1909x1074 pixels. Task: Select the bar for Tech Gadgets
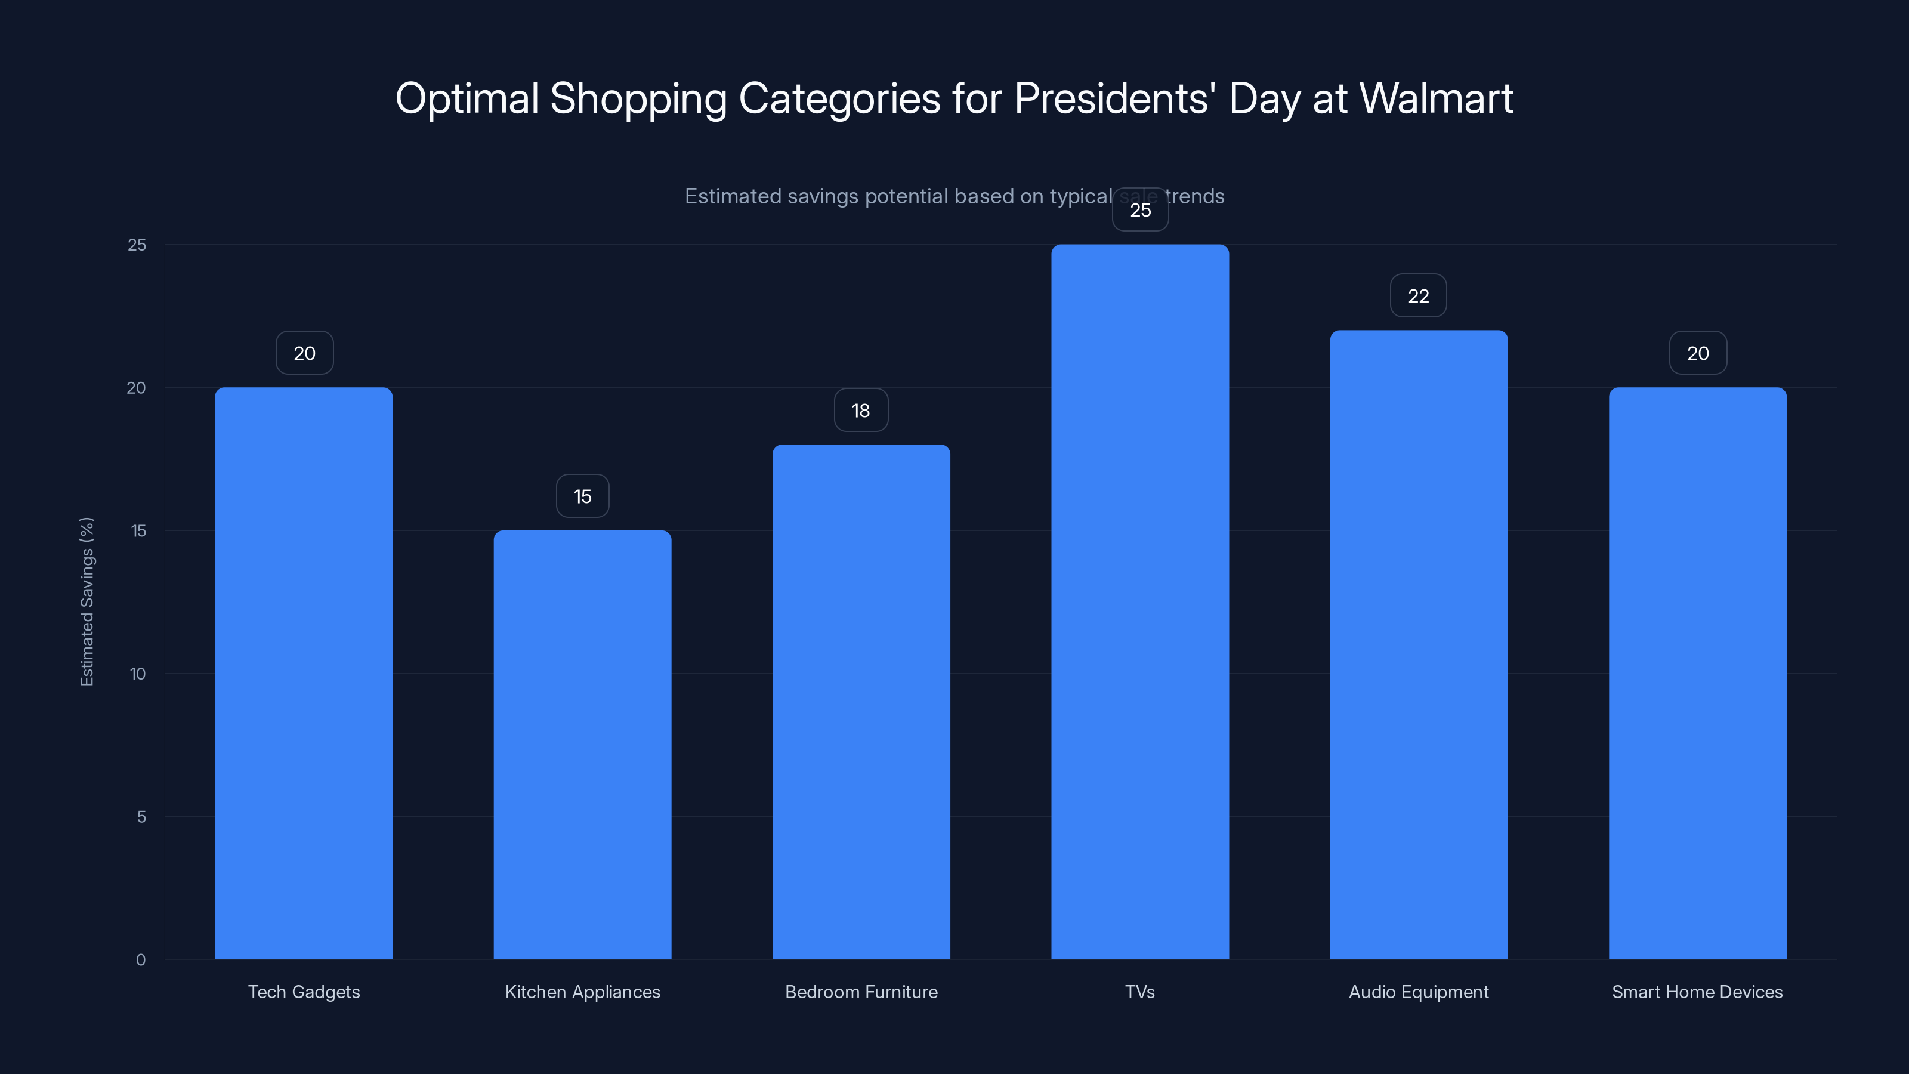[x=304, y=673]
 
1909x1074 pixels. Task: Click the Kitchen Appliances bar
[x=582, y=744]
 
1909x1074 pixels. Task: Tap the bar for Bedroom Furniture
[x=861, y=701]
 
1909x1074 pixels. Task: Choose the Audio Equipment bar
[x=1419, y=644]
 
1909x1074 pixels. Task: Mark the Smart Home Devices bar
[x=1697, y=673]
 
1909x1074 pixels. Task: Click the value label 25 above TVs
[x=1140, y=210]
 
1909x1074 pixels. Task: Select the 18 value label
[x=860, y=410]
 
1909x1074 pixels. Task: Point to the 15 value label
[x=582, y=496]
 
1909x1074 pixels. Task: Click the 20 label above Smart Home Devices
[x=1698, y=353]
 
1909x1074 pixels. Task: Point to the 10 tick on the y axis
[x=138, y=674]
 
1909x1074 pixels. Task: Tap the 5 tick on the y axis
[x=141, y=817]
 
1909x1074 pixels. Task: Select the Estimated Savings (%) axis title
[x=87, y=601]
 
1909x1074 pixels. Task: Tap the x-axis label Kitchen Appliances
[x=582, y=992]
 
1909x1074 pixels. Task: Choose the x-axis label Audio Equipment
[x=1419, y=992]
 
